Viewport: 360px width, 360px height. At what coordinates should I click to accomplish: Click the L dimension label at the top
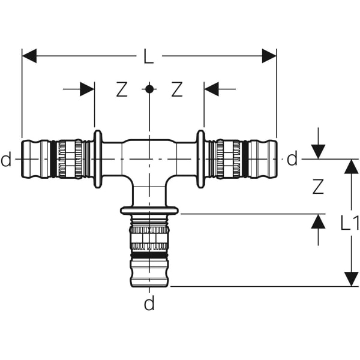(x=149, y=57)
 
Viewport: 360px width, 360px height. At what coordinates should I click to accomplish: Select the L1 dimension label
(x=349, y=223)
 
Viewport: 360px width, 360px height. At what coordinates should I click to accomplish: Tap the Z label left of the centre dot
(x=122, y=89)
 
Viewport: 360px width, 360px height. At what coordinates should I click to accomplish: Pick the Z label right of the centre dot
(x=176, y=89)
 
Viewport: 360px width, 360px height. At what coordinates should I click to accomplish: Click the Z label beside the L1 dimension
(x=318, y=187)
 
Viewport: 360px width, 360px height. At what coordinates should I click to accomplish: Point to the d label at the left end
(x=6, y=160)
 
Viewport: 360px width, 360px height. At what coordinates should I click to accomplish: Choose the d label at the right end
(x=292, y=160)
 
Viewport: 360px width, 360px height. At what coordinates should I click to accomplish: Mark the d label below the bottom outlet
(x=149, y=304)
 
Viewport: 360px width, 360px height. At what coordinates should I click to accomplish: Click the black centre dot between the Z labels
(x=149, y=89)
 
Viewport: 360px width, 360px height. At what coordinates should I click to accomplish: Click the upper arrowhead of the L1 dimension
(x=351, y=167)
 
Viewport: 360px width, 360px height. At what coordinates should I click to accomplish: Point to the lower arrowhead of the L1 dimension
(x=351, y=279)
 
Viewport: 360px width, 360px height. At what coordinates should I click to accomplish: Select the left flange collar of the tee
(x=98, y=159)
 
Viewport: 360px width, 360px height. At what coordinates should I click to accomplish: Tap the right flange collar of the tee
(x=200, y=159)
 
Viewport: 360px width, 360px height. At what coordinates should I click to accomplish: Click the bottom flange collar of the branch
(x=149, y=211)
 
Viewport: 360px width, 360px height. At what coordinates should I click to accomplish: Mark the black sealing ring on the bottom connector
(x=149, y=255)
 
